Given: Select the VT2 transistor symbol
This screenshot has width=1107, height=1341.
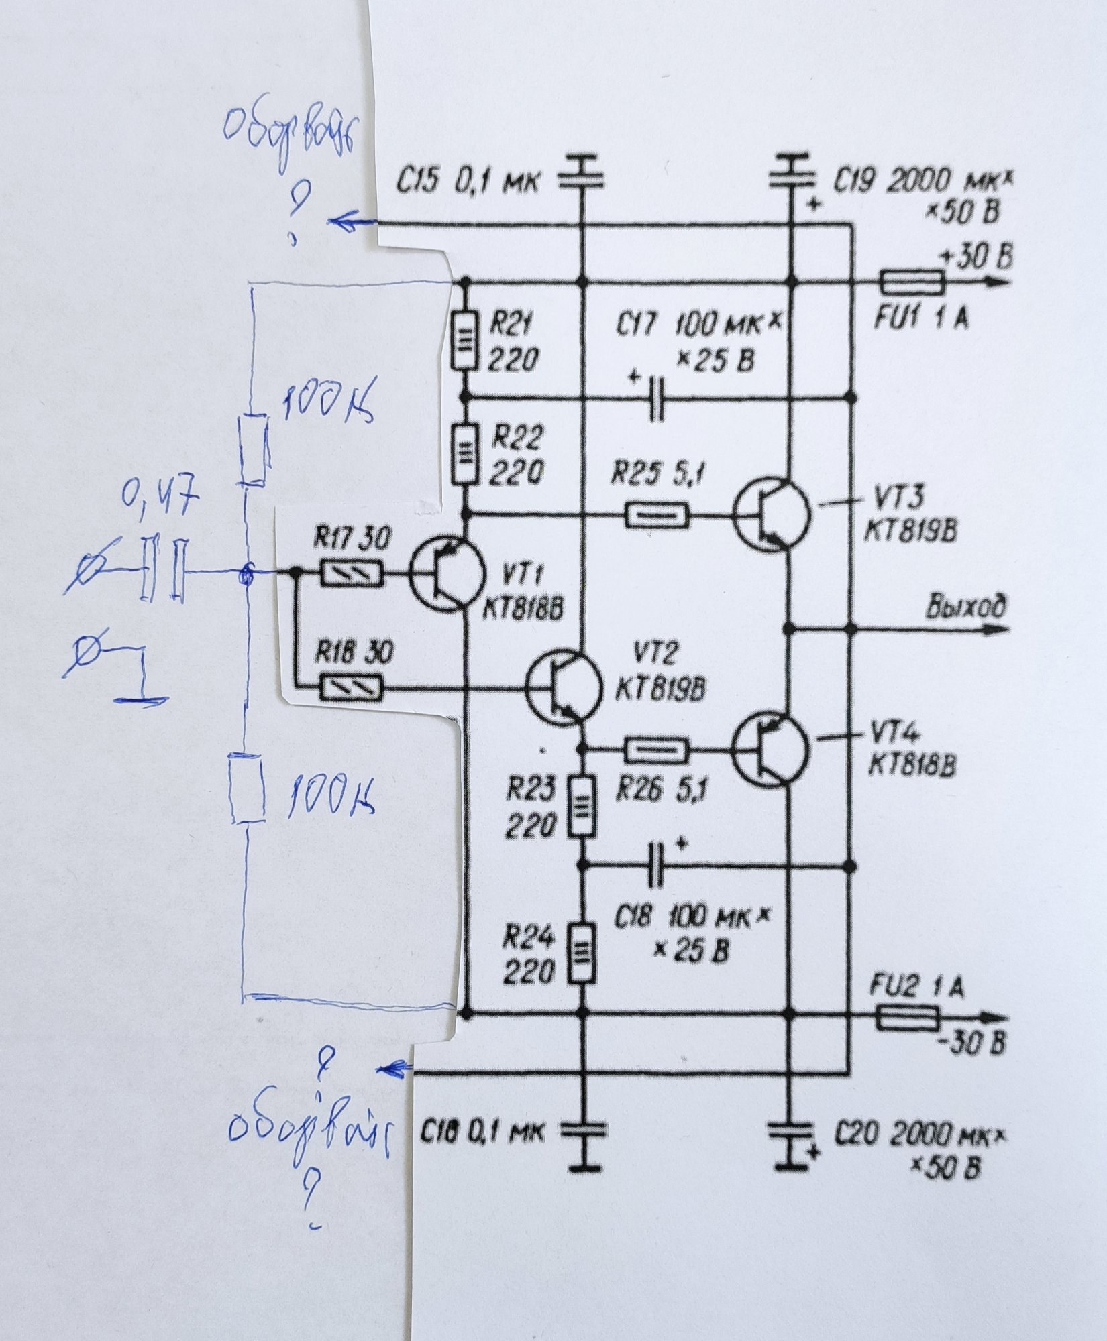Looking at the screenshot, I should point(562,687).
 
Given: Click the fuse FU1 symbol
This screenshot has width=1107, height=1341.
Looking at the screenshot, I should point(912,282).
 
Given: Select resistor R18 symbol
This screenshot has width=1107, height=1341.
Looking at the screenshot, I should point(352,687).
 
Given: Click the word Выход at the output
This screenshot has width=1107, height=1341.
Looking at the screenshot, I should point(966,607).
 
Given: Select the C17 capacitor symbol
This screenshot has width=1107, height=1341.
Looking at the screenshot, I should point(657,399).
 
